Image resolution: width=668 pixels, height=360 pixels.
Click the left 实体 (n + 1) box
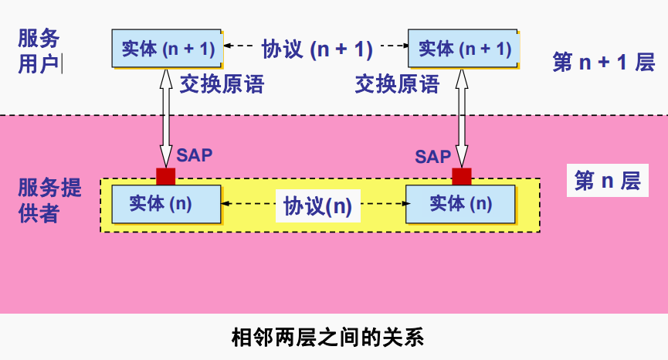click(x=167, y=48)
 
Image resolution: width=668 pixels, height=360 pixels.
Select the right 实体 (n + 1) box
click(x=463, y=48)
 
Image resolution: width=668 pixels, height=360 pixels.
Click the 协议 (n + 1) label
click(x=317, y=49)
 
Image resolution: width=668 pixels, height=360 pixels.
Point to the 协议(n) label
click(x=317, y=205)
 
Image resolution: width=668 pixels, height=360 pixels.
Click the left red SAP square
click(x=165, y=176)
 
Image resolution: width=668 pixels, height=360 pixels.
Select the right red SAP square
click(x=462, y=176)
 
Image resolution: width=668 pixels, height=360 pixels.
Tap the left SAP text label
click(x=194, y=155)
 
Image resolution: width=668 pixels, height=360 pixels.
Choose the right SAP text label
click(x=432, y=157)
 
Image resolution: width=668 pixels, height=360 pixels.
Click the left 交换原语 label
click(x=222, y=83)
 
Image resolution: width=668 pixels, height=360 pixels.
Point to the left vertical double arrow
click(x=165, y=116)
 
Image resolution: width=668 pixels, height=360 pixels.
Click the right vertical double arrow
click(x=462, y=116)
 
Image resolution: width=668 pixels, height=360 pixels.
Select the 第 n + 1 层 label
click(x=603, y=63)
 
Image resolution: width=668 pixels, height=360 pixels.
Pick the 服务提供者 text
click(x=49, y=199)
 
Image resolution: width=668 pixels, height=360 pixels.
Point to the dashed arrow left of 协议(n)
click(x=249, y=204)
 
